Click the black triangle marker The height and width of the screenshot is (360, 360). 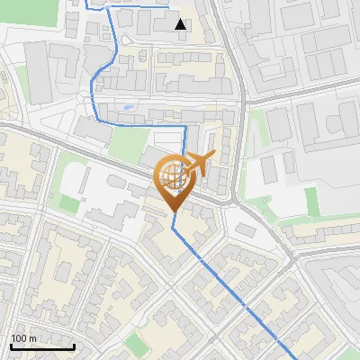point(181,24)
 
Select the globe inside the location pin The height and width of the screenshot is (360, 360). point(172,175)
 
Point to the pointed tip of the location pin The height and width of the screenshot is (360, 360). point(172,211)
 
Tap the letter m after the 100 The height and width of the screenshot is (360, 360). point(33,338)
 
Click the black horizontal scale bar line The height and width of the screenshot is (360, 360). point(42,346)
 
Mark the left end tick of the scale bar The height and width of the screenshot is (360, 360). point(11,345)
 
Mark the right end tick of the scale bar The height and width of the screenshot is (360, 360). point(74,345)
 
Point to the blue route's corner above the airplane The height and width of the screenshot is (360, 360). point(184,127)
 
